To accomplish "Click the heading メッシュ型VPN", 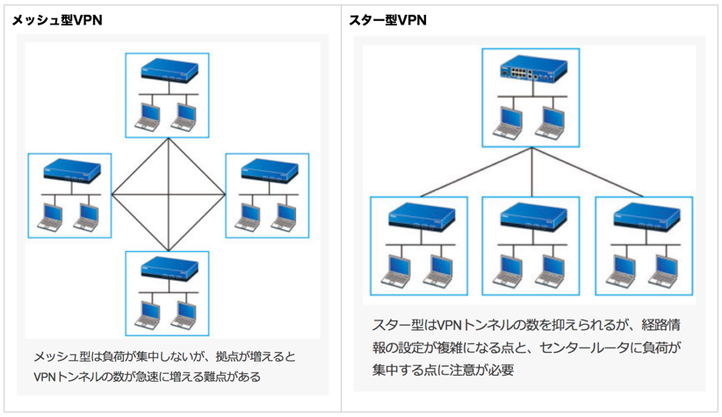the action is click(57, 20).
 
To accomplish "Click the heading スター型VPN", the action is click(387, 20).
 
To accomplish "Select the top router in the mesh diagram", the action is click(169, 70).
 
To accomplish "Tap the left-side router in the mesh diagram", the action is click(72, 171).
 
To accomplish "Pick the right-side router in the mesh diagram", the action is click(270, 171).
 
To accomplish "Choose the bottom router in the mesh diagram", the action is click(169, 269).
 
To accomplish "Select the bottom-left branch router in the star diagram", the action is click(422, 216).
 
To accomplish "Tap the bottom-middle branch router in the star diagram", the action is click(533, 216).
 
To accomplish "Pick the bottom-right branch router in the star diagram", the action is click(646, 216).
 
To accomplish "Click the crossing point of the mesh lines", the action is click(169, 195).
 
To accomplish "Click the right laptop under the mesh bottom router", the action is click(184, 315).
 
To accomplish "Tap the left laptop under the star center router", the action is click(507, 123).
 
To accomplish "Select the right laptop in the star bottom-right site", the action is click(663, 270).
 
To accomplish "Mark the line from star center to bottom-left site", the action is click(476, 173).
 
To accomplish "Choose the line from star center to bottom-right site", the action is click(587, 173).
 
